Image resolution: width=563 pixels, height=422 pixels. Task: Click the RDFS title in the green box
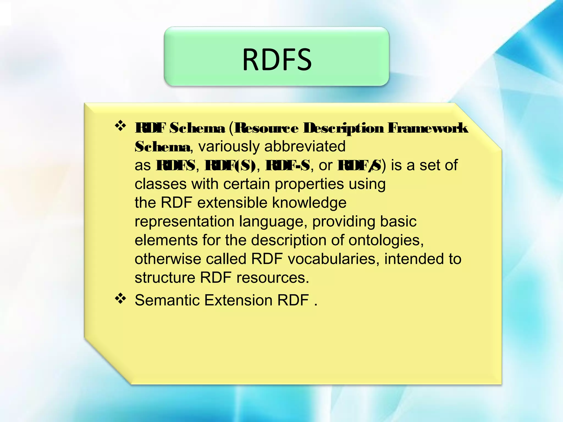click(x=277, y=59)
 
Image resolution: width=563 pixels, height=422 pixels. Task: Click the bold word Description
click(x=343, y=129)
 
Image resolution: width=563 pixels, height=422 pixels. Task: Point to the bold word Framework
click(x=427, y=129)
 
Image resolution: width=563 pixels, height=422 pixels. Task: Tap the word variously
click(x=228, y=146)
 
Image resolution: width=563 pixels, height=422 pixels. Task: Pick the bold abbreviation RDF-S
click(x=288, y=165)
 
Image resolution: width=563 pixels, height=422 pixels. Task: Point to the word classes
click(x=161, y=184)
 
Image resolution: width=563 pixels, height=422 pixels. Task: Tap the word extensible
click(x=232, y=203)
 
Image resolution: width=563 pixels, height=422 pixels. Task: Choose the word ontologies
click(x=386, y=240)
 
